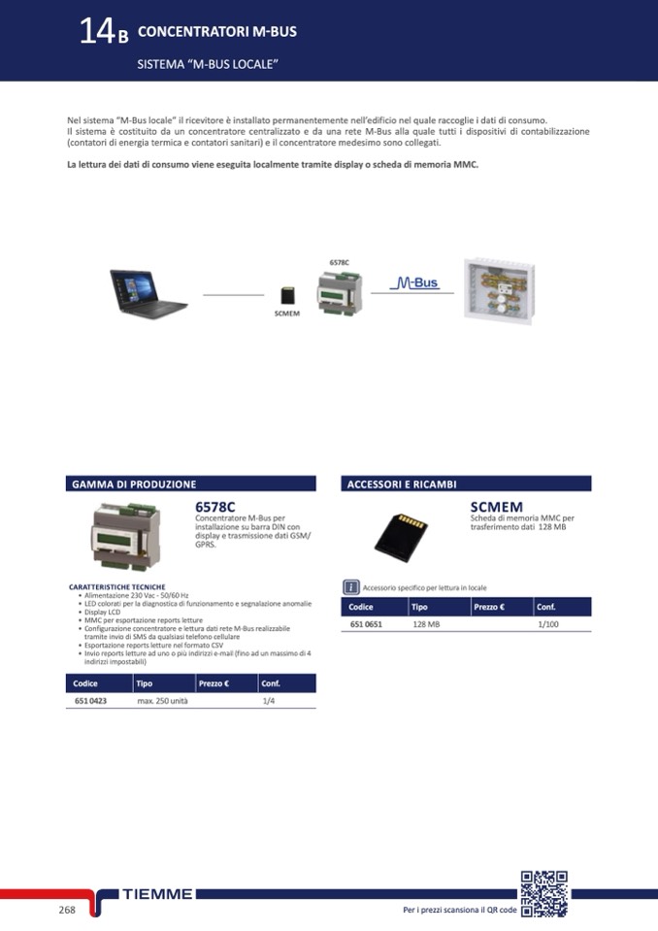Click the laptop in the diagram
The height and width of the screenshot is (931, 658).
pyautogui.click(x=148, y=294)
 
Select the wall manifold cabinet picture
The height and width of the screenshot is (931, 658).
pyautogui.click(x=499, y=290)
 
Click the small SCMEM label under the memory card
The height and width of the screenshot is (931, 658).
pyautogui.click(x=287, y=314)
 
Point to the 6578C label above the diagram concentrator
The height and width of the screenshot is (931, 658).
pyautogui.click(x=340, y=262)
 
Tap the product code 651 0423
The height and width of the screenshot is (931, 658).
pyautogui.click(x=91, y=701)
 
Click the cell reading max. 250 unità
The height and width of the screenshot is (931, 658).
pyautogui.click(x=163, y=701)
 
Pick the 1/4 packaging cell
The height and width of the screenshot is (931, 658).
pyautogui.click(x=269, y=701)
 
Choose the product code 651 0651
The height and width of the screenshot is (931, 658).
pyautogui.click(x=366, y=624)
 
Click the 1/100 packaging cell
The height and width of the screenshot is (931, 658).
pyautogui.click(x=547, y=624)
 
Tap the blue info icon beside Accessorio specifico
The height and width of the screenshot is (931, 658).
pyautogui.click(x=350, y=587)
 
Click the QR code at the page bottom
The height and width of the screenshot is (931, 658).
pyautogui.click(x=544, y=893)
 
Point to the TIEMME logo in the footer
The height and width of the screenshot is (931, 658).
pyautogui.click(x=157, y=893)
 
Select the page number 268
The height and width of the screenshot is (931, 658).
pyautogui.click(x=67, y=910)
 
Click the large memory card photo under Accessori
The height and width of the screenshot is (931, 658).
pyautogui.click(x=401, y=538)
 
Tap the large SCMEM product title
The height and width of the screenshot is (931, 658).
pyautogui.click(x=497, y=507)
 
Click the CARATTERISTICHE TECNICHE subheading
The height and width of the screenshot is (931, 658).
pyautogui.click(x=117, y=586)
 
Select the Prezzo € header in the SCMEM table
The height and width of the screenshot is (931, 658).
pyautogui.click(x=489, y=607)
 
